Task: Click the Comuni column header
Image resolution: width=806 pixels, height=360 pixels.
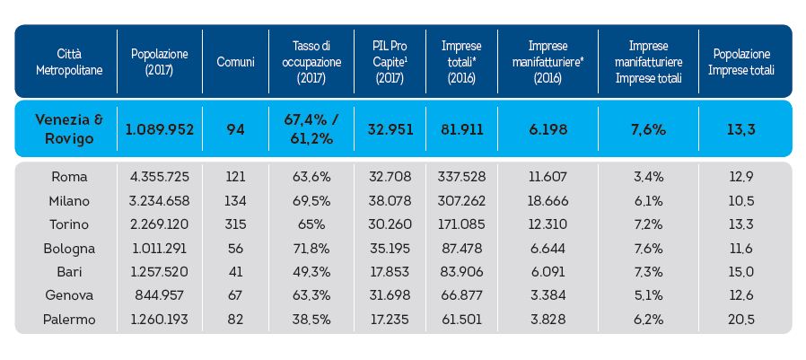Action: [236, 61]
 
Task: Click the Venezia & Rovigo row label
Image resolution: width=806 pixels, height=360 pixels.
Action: [69, 128]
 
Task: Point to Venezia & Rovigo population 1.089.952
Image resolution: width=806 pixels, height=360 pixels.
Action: [160, 129]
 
